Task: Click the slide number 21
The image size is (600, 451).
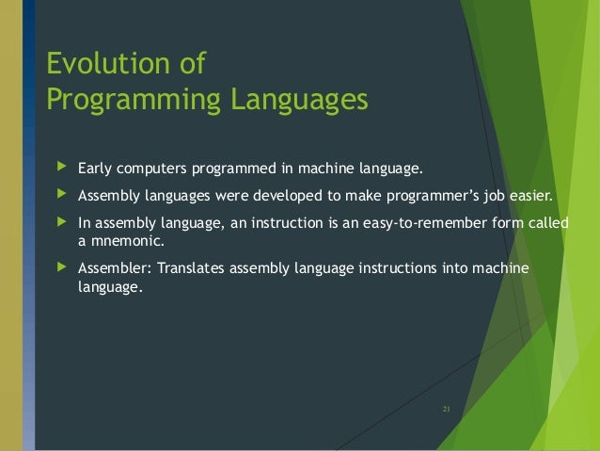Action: click(x=447, y=408)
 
